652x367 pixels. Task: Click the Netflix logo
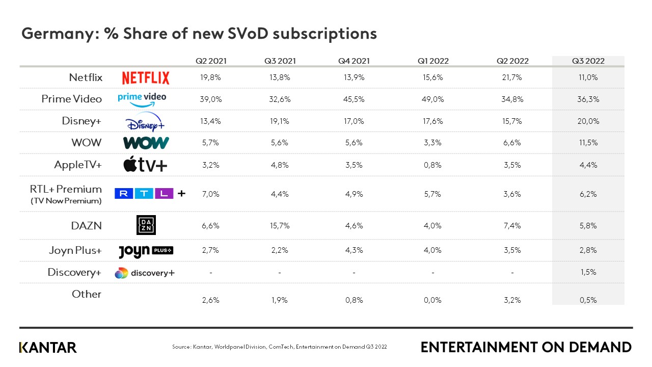(x=146, y=77)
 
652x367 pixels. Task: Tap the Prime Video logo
(x=142, y=98)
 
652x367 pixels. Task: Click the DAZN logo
(x=146, y=225)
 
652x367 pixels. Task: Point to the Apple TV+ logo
(x=145, y=165)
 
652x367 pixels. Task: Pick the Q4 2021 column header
(x=354, y=61)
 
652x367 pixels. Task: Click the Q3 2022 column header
(x=588, y=61)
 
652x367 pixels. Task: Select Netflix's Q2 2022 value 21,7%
(x=512, y=77)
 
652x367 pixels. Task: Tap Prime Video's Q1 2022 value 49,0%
(x=432, y=99)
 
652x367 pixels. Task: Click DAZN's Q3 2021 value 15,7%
(x=280, y=226)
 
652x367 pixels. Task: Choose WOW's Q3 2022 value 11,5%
(x=588, y=143)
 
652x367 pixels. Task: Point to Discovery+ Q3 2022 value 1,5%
(x=588, y=272)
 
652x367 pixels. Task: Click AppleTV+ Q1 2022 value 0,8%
(x=432, y=165)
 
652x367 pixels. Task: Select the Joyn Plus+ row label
(x=76, y=250)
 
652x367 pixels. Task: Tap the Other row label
(x=86, y=294)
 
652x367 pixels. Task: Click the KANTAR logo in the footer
(x=48, y=348)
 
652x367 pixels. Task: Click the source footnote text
(x=279, y=347)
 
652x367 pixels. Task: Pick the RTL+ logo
(x=150, y=194)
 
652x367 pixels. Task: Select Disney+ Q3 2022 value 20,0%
(x=588, y=121)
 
